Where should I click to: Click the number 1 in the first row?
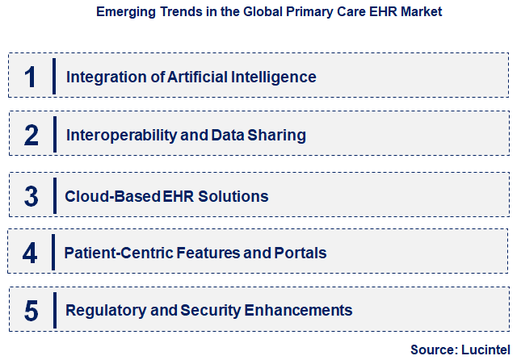tap(31, 77)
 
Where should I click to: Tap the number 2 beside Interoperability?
tap(32, 135)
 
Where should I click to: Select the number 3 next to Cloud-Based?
tap(32, 196)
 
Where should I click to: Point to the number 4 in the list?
tap(30, 253)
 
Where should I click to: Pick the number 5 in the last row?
tap(32, 310)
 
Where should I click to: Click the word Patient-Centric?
tap(117, 253)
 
